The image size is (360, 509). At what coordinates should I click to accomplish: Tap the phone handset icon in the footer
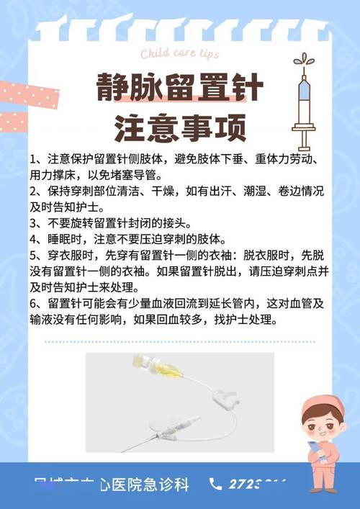(x=215, y=484)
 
